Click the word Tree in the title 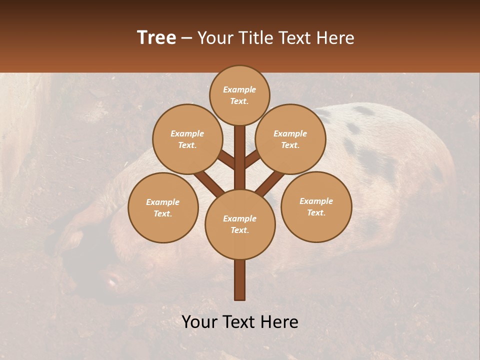[156, 37]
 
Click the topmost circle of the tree [239, 95]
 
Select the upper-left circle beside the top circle [187, 139]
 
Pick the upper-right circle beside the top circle [290, 139]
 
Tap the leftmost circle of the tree [163, 207]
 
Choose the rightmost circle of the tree [316, 206]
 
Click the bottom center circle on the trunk [240, 224]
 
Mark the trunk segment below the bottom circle [240, 280]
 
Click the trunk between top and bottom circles [240, 155]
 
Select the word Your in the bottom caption [199, 322]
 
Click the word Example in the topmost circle [239, 89]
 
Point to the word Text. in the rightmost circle [316, 212]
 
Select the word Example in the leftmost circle [162, 202]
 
